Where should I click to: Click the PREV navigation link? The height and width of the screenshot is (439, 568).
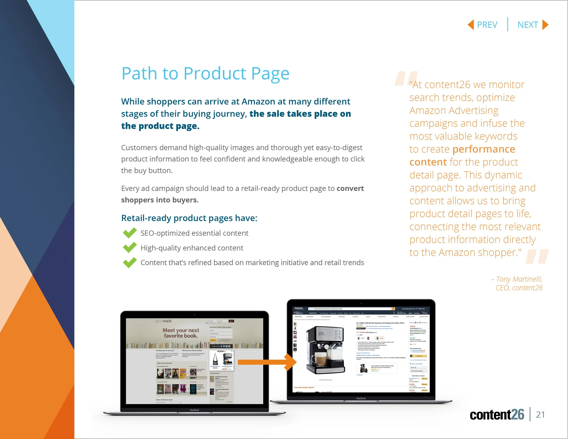pos(487,25)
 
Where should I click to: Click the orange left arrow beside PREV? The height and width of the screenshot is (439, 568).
pos(471,25)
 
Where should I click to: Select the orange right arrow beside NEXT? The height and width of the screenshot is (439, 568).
pos(545,25)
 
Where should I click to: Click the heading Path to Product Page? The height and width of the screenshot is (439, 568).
pos(205,73)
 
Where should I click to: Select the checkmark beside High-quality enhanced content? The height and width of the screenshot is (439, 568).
pos(130,248)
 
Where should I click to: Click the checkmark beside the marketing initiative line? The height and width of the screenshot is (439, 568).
pos(130,262)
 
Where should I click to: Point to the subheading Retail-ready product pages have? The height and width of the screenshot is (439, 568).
pos(189,218)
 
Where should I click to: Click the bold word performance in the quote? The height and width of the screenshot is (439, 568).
pos(484,149)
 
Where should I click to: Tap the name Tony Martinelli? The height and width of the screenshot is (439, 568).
pos(519,279)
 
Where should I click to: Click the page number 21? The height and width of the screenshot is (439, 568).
pos(540,414)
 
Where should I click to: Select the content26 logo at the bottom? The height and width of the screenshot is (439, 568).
pos(497,414)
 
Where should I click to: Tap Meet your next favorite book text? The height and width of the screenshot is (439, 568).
pos(181,333)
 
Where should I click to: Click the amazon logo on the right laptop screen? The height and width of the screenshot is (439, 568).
pos(299,308)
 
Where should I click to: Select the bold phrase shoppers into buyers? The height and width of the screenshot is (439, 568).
pos(160,200)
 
